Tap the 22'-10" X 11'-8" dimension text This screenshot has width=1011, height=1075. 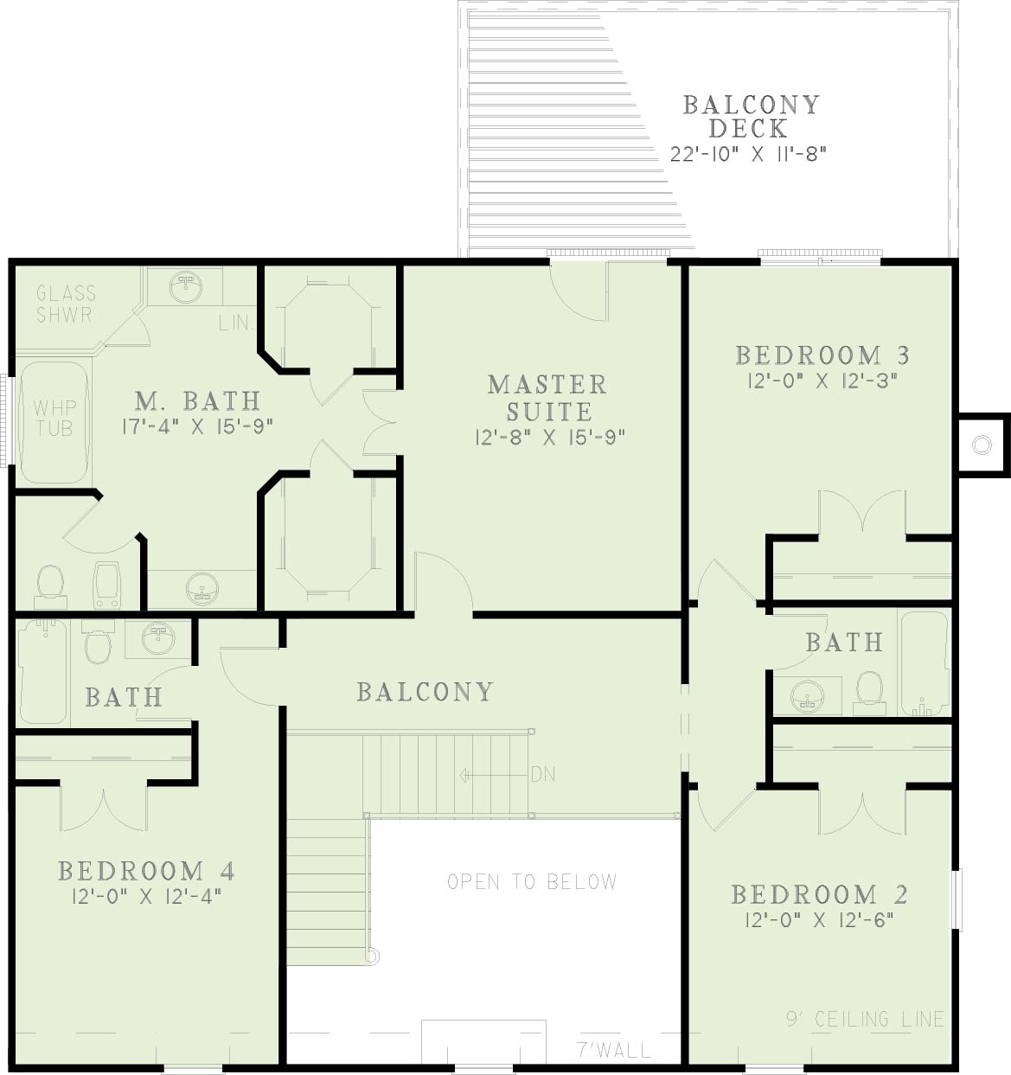coord(748,154)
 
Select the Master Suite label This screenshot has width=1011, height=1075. coord(547,398)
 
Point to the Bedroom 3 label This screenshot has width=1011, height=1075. coord(822,355)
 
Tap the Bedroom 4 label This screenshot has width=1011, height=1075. coord(146,871)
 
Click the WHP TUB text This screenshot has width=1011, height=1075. coord(54,418)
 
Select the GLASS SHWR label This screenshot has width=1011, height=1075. coord(66,304)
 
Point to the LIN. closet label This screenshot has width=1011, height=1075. coord(236,323)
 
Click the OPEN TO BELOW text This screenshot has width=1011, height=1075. coord(532,882)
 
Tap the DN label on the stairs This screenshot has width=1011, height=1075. coord(543,775)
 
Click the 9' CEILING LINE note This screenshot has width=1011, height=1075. coord(866,1020)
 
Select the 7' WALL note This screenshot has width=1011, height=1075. coord(614,1051)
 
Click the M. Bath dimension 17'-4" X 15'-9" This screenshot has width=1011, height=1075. coord(196,426)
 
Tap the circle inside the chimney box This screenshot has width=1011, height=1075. coord(982,445)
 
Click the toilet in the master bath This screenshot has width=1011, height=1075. coord(50,586)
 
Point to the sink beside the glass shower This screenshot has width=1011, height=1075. coord(186,286)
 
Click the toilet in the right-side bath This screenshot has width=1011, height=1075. coord(870,694)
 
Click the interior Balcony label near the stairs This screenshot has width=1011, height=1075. coord(426,692)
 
